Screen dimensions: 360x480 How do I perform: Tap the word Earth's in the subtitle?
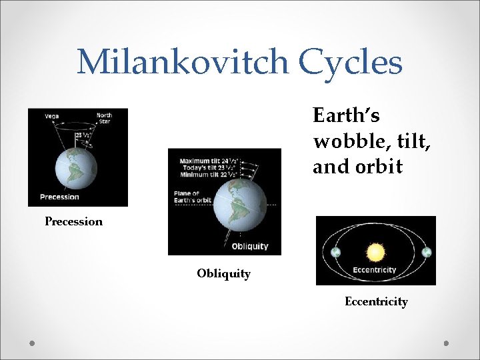point(346,116)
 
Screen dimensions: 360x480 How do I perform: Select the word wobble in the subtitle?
point(343,141)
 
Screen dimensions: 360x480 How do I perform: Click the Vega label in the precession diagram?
point(51,116)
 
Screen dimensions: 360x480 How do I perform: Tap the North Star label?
point(104,119)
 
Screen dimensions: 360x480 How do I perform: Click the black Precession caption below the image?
point(73,221)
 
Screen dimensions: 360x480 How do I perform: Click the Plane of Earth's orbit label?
point(193,197)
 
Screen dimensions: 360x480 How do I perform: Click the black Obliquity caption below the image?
point(223,273)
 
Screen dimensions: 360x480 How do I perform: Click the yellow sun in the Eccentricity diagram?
point(375,252)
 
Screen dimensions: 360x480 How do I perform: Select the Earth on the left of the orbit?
point(335,253)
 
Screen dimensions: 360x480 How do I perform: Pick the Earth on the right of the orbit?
point(427,253)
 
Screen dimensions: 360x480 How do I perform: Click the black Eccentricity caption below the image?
point(376,302)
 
